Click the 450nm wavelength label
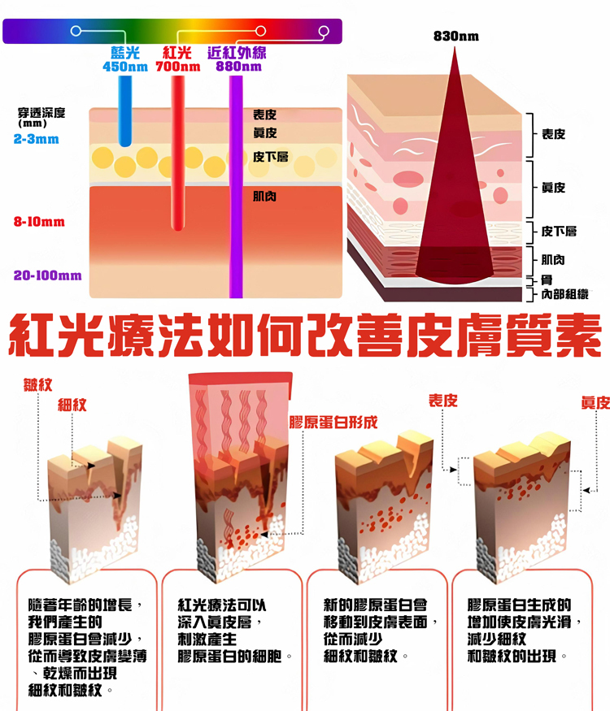125,67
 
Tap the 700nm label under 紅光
177,67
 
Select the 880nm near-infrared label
238,67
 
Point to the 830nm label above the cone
455,37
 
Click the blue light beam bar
124,110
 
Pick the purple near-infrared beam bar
237,187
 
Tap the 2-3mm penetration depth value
37,139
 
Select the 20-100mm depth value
47,275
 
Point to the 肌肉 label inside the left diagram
265,196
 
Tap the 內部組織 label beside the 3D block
564,294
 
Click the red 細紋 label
72,404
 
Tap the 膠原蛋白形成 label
333,423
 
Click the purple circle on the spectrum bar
325,32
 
